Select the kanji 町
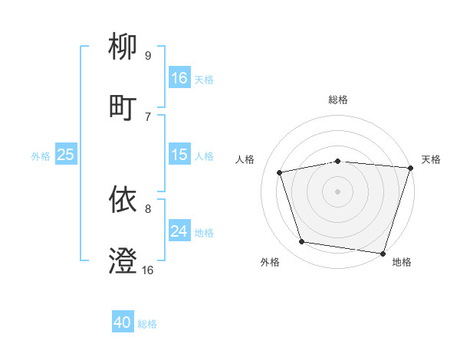click(x=123, y=106)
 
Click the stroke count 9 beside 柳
click(x=148, y=55)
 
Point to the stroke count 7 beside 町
click(x=148, y=116)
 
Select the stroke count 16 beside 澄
click(x=148, y=270)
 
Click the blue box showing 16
click(x=179, y=78)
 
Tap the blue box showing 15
click(x=179, y=155)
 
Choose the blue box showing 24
click(x=179, y=231)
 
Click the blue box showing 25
click(x=66, y=155)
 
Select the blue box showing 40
click(x=123, y=323)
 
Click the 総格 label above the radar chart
click(x=338, y=100)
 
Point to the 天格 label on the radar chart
click(x=431, y=159)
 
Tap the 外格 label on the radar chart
click(x=270, y=262)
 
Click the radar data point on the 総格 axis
click(x=338, y=161)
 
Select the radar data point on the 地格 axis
click(x=383, y=253)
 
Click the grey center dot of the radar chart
click(x=338, y=191)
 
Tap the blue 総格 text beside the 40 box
click(x=147, y=324)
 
